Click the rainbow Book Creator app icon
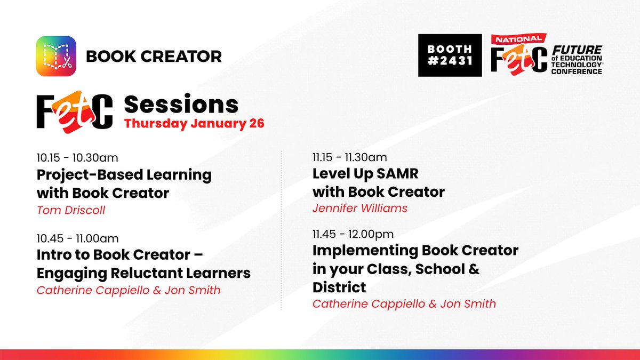point(56,55)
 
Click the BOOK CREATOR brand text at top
point(154,55)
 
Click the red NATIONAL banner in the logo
point(518,39)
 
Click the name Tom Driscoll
point(71,210)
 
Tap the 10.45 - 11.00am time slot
point(77,237)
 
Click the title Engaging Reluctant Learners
point(143,273)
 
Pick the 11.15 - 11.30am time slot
point(350,157)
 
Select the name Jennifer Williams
point(360,208)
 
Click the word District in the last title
point(339,287)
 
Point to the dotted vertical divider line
point(282,229)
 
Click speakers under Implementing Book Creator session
point(404,304)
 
